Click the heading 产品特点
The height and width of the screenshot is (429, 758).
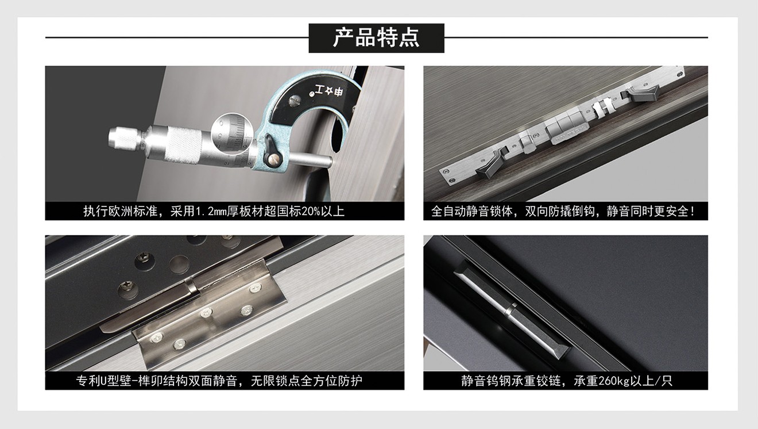click(376, 37)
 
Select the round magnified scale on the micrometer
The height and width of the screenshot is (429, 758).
click(232, 134)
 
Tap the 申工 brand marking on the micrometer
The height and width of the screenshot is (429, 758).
click(329, 91)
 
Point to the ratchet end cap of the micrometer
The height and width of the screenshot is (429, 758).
click(124, 138)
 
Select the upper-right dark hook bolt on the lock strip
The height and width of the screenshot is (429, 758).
click(642, 93)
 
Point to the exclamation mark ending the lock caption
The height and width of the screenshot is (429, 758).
click(693, 212)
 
